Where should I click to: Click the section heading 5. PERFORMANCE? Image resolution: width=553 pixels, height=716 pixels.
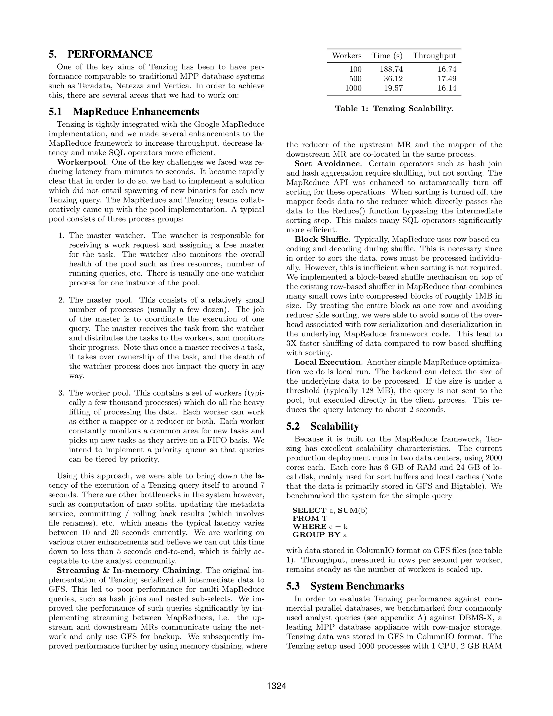pyautogui.click(x=100, y=54)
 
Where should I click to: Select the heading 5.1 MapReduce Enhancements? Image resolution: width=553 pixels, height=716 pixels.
pyautogui.click(x=124, y=112)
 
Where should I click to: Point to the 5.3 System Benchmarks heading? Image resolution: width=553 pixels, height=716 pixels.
pyautogui.click(x=345, y=586)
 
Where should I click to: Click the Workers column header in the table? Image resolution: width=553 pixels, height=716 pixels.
pyautogui.click(x=347, y=56)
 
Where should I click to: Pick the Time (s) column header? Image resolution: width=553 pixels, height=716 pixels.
pyautogui.click(x=387, y=56)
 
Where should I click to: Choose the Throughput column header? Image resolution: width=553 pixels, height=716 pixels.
pyautogui.click(x=434, y=56)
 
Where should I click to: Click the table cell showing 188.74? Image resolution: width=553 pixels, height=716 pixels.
pyautogui.click(x=391, y=69)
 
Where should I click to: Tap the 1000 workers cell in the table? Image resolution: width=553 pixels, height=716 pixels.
pyautogui.click(x=353, y=88)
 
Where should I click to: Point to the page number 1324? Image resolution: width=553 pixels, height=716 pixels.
pyautogui.click(x=276, y=686)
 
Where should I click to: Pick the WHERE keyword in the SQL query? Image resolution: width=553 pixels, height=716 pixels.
pyautogui.click(x=309, y=527)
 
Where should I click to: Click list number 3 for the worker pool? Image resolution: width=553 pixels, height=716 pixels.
pyautogui.click(x=61, y=393)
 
